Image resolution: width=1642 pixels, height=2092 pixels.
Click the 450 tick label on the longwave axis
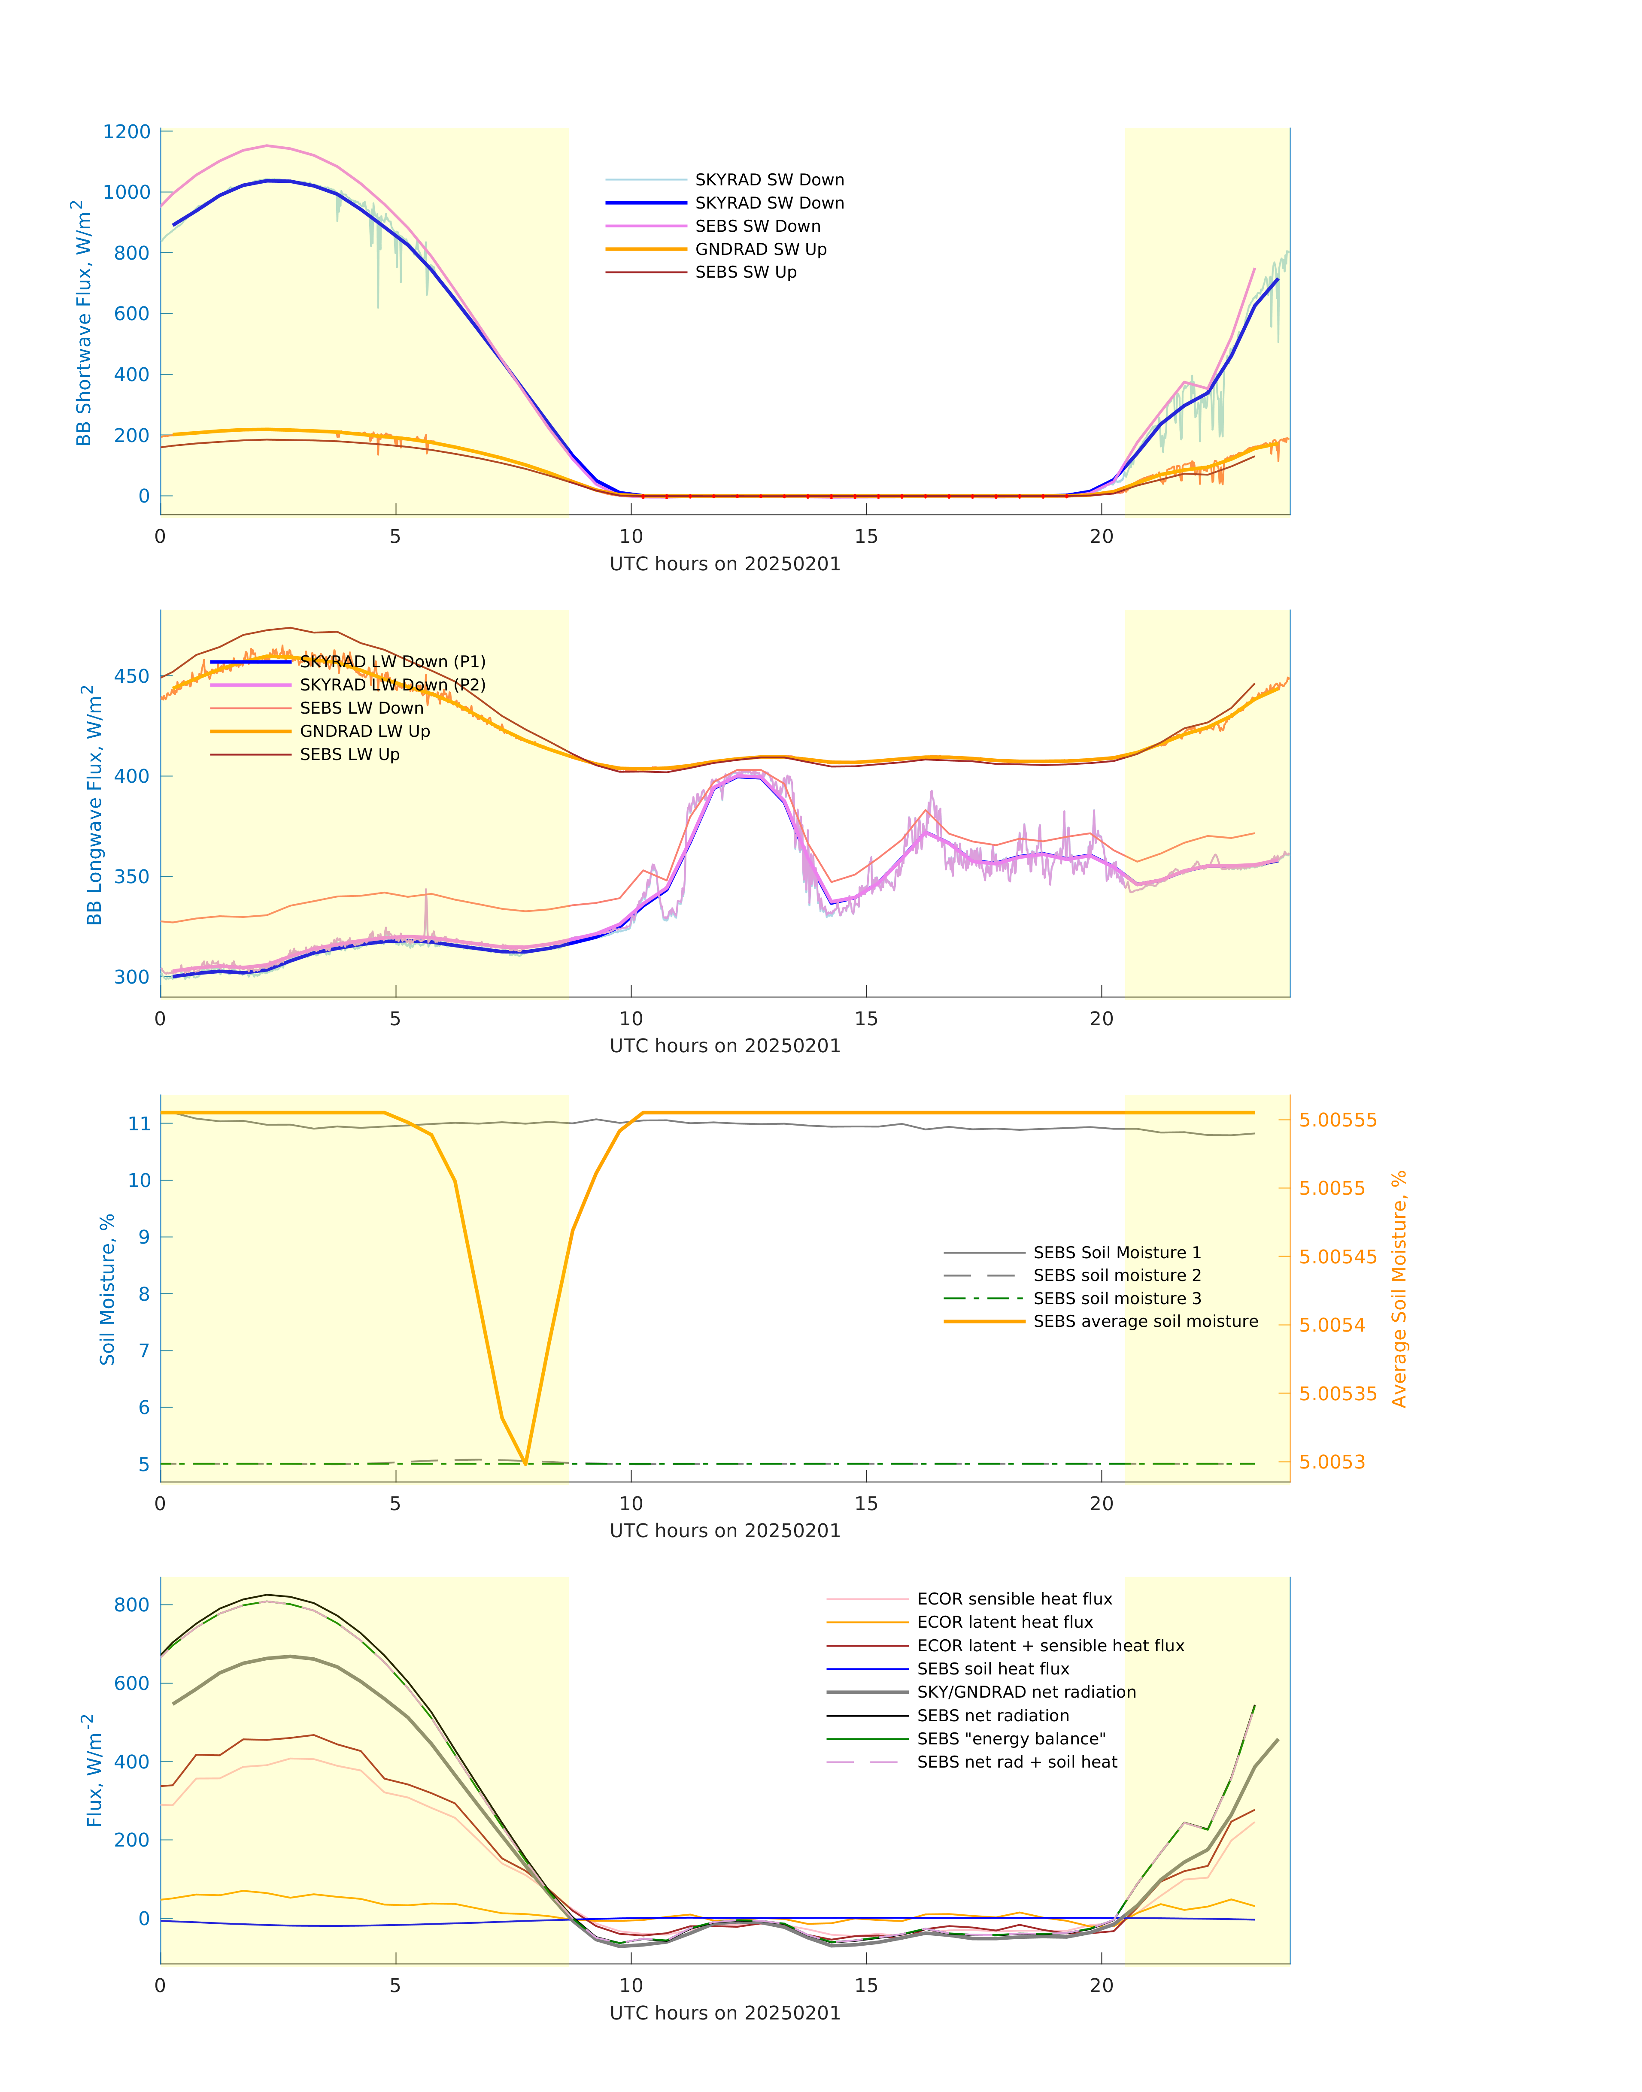132,676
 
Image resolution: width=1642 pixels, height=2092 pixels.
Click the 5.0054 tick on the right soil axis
1332,1325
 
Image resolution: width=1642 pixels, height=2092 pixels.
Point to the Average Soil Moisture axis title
1399,1289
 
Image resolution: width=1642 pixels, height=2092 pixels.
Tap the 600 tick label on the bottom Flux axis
132,1683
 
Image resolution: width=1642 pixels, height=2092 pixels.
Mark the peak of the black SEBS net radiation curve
267,1595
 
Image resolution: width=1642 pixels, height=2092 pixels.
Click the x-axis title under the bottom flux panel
725,2013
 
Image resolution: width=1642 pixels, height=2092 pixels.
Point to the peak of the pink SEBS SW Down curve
267,146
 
